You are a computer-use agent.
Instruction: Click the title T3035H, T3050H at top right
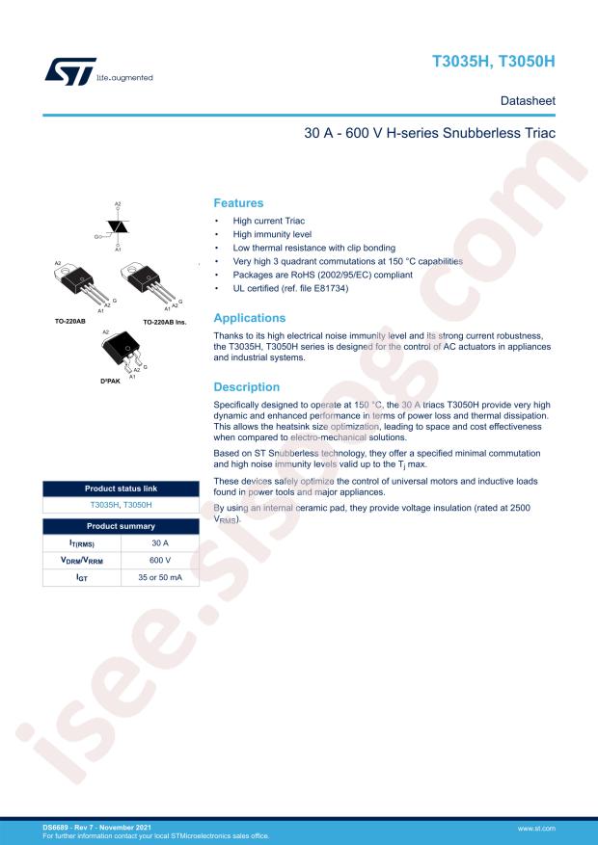click(x=493, y=62)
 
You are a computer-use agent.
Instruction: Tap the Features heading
click(x=238, y=203)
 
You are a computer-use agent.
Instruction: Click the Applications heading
click(x=249, y=318)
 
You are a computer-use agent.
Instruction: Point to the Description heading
click(x=246, y=387)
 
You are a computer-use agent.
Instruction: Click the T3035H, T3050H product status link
click(x=121, y=504)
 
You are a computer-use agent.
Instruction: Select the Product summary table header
click(x=121, y=526)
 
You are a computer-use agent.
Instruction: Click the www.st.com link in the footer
click(x=536, y=828)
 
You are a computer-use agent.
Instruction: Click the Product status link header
click(x=121, y=489)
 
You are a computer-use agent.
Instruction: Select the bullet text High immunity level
click(x=265, y=234)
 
